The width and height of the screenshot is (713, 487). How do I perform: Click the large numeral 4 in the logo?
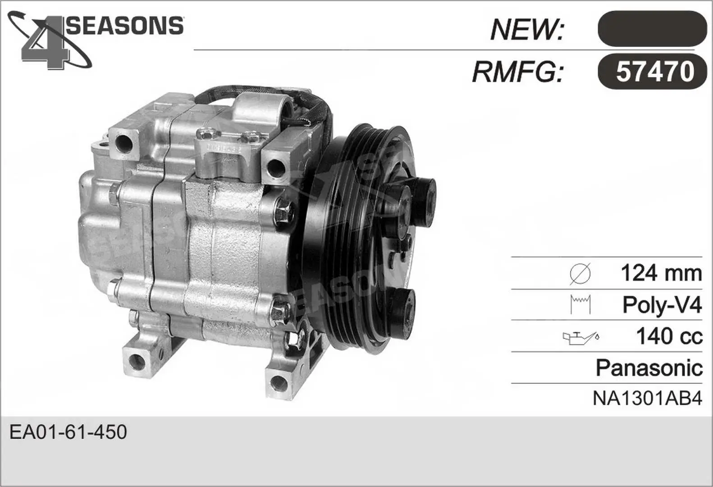tap(45, 43)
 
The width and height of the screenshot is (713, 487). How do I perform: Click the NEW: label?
tap(527, 29)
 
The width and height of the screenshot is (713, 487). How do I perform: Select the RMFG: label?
tap(518, 72)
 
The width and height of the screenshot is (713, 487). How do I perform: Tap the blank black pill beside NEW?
tap(652, 29)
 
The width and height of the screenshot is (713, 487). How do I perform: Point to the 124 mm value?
tap(661, 273)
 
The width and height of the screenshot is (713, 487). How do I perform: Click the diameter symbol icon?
tap(580, 274)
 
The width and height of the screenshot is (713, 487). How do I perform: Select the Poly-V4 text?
tap(662, 305)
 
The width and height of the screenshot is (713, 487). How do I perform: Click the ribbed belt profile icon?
tap(580, 304)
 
